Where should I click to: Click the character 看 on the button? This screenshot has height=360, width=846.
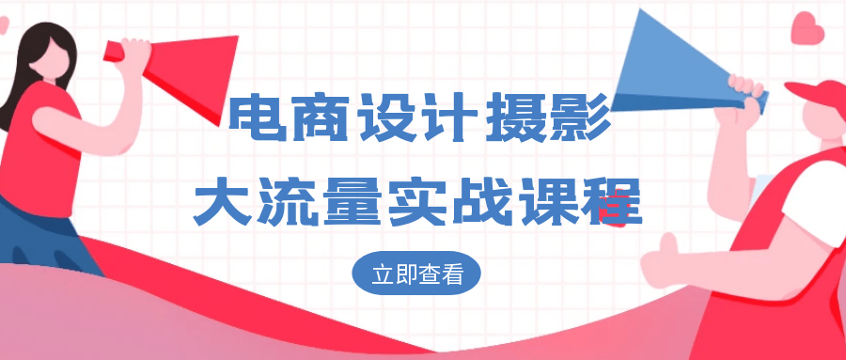tap(465, 274)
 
